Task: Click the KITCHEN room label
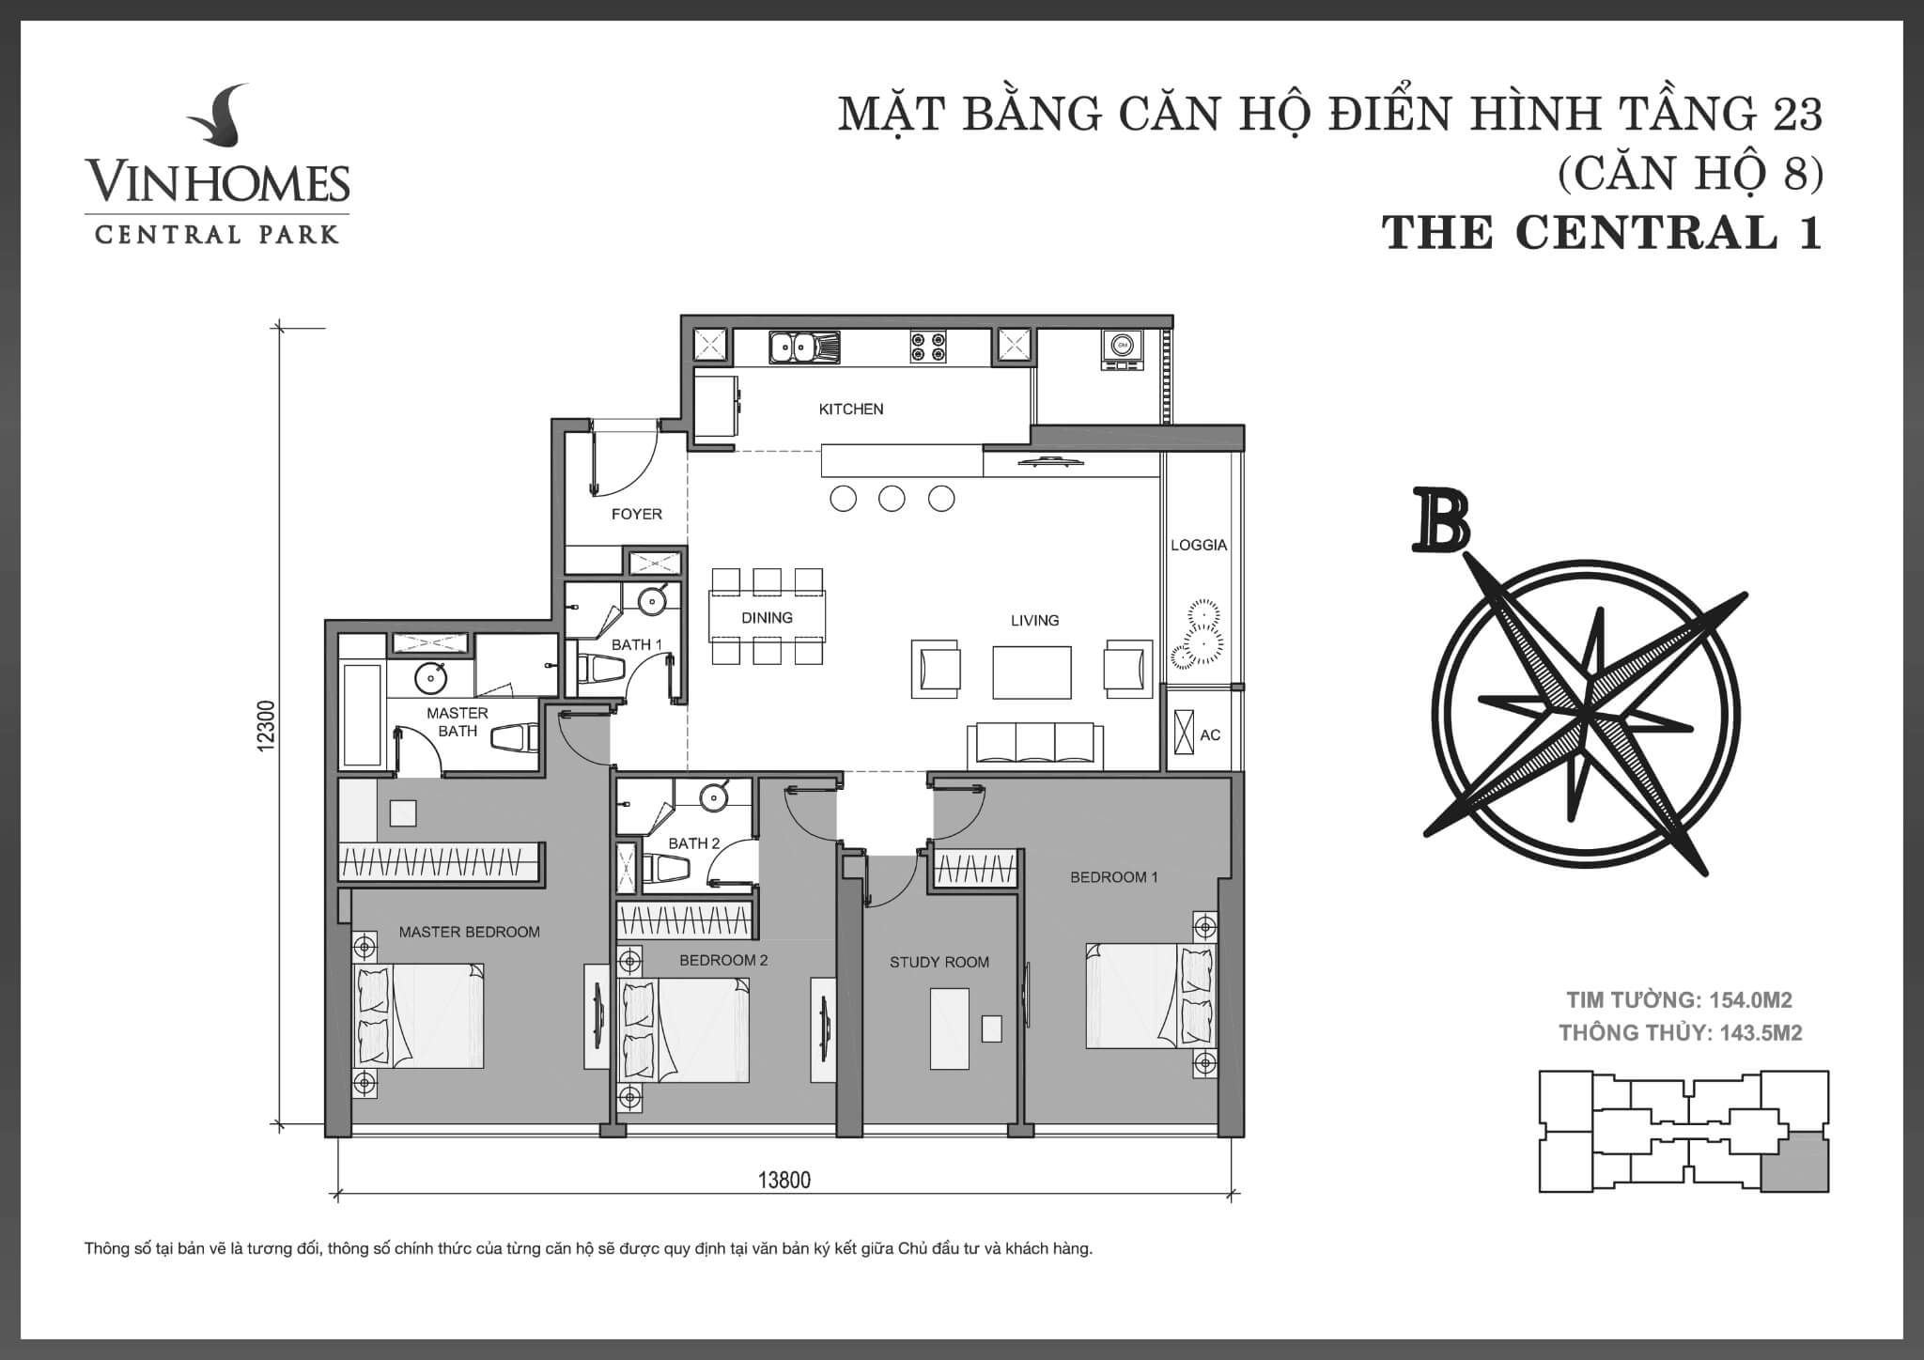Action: [x=851, y=410]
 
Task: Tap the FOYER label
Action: [x=637, y=515]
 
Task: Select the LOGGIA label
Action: [x=1199, y=545]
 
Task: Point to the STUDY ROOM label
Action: [x=939, y=963]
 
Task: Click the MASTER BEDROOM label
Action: [x=470, y=933]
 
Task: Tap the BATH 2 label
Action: [x=694, y=843]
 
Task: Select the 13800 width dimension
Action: [x=784, y=1181]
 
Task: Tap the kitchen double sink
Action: [x=804, y=348]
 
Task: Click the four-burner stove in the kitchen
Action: [x=927, y=348]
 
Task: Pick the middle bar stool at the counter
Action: [x=892, y=498]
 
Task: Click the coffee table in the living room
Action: [x=1032, y=672]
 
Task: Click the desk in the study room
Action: [x=949, y=1028]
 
